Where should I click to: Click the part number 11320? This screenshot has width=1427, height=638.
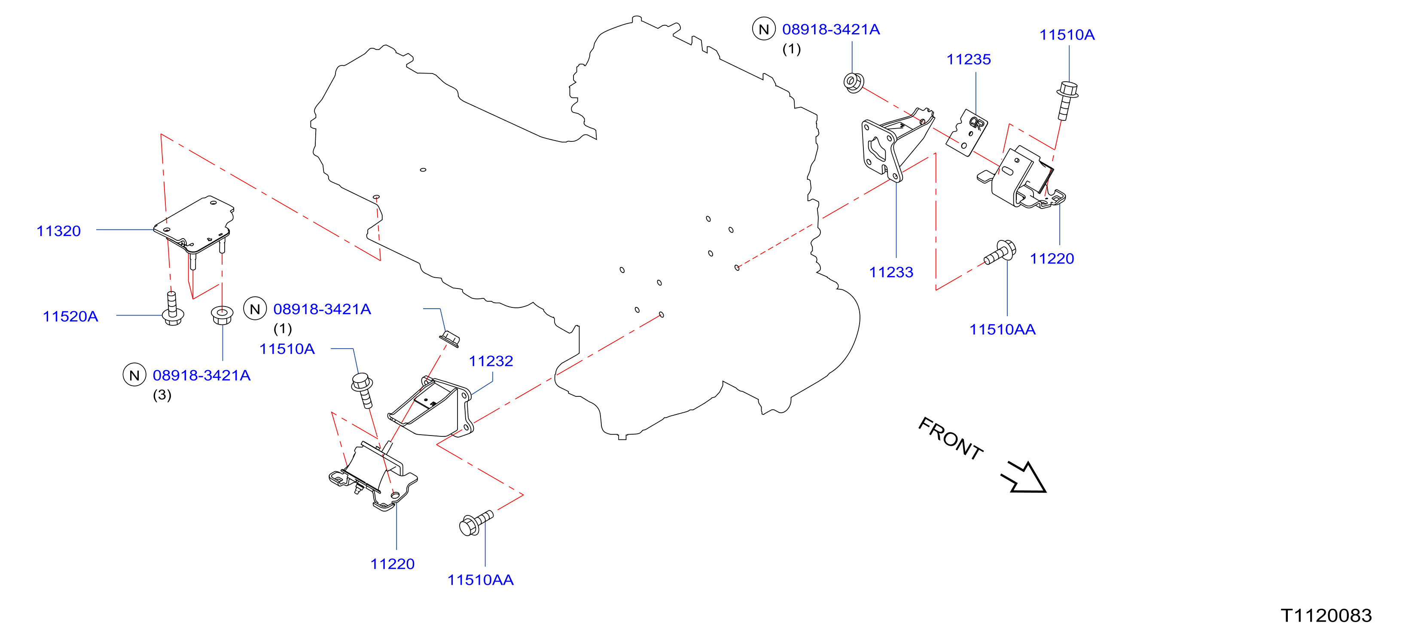click(59, 231)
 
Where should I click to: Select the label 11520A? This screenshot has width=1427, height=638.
click(70, 316)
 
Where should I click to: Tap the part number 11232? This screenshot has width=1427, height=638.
click(491, 362)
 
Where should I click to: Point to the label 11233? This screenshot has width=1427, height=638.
click(891, 272)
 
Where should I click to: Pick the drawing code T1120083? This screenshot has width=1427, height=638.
click(1326, 615)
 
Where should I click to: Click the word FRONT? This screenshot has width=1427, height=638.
click(951, 438)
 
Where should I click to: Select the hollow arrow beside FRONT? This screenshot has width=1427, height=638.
click(1024, 477)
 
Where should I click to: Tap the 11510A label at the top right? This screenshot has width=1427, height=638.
click(1067, 35)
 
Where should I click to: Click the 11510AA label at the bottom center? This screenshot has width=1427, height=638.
click(480, 580)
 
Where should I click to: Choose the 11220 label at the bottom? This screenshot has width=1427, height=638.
click(392, 564)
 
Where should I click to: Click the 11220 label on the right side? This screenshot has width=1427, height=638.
click(1052, 259)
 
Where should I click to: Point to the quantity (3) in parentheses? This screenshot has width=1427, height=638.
click(162, 395)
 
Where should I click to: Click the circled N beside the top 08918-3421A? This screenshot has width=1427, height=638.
click(764, 29)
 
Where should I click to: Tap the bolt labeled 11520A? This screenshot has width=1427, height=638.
click(172, 309)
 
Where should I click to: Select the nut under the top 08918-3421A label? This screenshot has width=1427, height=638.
click(854, 82)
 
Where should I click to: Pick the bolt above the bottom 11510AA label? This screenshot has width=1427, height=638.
click(476, 523)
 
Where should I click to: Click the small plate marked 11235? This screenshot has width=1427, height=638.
click(967, 132)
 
